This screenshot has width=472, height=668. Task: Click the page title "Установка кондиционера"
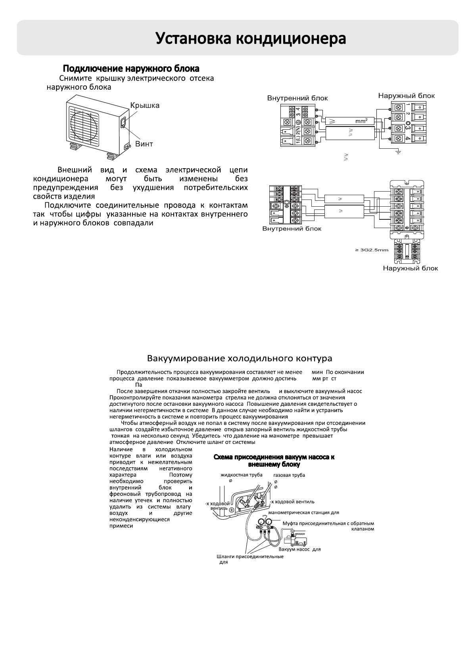click(251, 38)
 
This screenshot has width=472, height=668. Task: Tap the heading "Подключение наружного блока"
click(131, 69)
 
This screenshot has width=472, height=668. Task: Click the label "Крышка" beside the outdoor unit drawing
click(145, 106)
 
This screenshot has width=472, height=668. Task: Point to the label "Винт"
click(144, 144)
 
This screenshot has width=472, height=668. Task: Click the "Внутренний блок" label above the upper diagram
click(297, 98)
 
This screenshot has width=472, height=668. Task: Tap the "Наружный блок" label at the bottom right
click(410, 268)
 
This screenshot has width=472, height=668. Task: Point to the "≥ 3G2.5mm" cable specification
click(371, 250)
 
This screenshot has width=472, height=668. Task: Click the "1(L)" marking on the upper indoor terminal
click(298, 141)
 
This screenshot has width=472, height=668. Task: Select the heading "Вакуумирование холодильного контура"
click(240, 359)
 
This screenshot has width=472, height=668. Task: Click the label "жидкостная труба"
click(242, 475)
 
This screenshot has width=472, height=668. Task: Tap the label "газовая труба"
click(289, 475)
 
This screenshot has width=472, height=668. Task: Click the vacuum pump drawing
click(296, 540)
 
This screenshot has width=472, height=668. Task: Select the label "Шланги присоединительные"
click(250, 557)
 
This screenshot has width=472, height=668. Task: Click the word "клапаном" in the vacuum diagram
click(363, 529)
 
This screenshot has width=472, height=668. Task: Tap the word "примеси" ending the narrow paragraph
click(121, 526)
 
